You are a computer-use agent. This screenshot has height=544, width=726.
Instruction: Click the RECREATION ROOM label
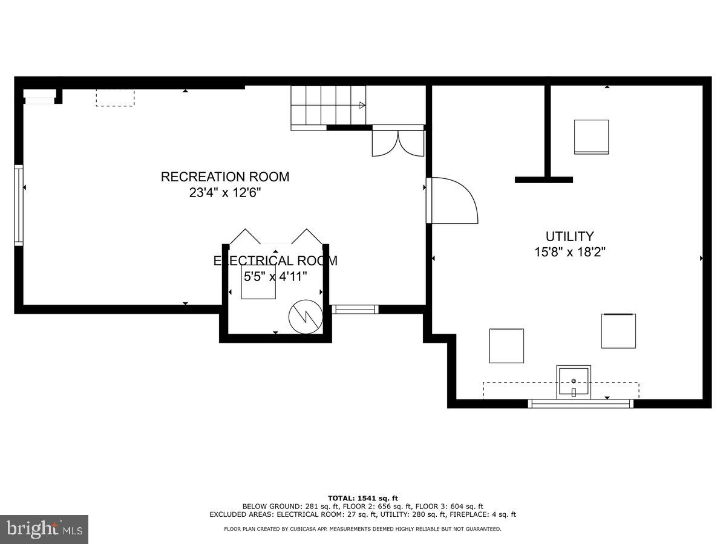click(224, 176)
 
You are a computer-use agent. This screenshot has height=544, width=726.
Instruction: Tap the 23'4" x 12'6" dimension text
click(224, 193)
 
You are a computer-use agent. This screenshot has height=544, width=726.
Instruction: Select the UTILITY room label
click(569, 236)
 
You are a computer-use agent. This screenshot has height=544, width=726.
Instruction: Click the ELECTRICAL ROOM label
click(275, 261)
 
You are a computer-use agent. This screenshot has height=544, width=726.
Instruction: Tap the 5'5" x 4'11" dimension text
click(275, 276)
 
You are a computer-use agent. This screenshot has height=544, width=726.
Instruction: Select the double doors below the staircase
click(397, 143)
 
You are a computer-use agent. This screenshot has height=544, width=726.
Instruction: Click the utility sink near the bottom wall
click(574, 381)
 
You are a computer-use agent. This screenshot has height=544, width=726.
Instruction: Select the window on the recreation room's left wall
click(19, 206)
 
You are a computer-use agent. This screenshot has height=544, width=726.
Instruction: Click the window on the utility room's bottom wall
click(581, 404)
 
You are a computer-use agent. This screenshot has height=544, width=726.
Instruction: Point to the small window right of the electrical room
click(355, 309)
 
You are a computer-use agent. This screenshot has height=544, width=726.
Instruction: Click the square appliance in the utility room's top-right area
click(591, 137)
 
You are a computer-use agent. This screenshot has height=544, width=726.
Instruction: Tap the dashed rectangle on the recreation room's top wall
click(115, 98)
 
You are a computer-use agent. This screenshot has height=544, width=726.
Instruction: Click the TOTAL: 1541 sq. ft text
click(363, 497)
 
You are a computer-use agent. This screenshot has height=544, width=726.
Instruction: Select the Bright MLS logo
click(44, 529)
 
